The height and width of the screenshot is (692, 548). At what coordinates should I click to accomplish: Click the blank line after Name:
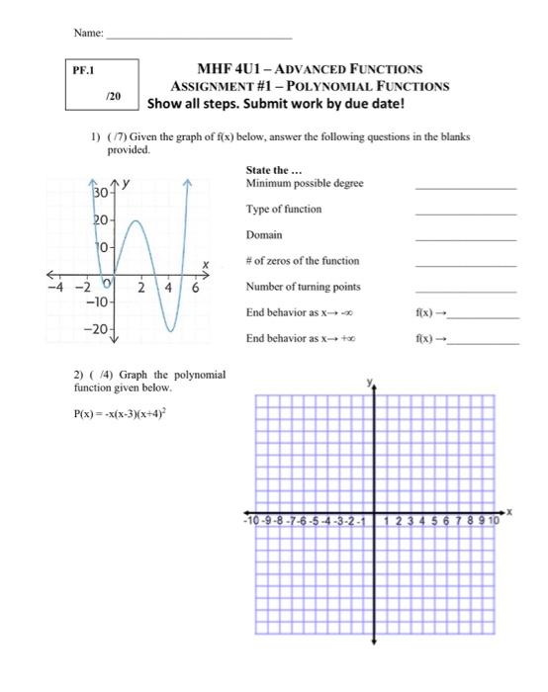point(198,37)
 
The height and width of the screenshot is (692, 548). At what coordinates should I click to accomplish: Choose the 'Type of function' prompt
point(283,210)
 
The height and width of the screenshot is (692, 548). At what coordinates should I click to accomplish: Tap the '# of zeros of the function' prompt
point(303,261)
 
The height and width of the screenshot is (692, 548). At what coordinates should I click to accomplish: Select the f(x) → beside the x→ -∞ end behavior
point(434,313)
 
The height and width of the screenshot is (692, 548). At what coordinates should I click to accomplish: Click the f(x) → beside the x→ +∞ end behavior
point(434,339)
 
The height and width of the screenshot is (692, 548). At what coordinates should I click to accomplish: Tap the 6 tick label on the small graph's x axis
point(196,288)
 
